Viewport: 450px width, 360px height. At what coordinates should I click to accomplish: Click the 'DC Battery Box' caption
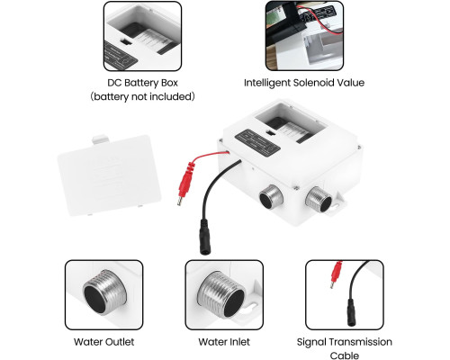point(142,83)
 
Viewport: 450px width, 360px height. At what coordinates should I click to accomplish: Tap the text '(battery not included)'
point(142,96)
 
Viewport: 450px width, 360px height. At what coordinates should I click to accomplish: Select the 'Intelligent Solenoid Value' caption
point(304,83)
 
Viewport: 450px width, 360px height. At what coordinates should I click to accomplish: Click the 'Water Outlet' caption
point(103,342)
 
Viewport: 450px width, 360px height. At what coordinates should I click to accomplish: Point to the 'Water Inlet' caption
point(224,342)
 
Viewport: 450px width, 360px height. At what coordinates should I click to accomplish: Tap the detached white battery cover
point(109,175)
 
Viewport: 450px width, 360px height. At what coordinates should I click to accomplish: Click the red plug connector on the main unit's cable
point(185,182)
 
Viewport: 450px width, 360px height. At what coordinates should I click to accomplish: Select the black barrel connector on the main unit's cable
point(205,237)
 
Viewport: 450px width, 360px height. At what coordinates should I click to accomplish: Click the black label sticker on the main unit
point(257,143)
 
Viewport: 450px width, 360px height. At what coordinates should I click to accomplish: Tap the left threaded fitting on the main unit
point(271,197)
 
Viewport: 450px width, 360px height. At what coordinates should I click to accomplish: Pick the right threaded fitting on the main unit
point(319,199)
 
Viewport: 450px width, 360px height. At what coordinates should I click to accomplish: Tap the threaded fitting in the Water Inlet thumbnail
point(221,294)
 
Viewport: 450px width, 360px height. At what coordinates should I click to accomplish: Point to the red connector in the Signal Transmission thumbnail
point(336,274)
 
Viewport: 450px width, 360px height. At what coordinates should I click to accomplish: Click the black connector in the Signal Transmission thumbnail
point(351,312)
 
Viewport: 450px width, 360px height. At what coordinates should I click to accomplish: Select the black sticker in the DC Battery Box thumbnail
point(121,55)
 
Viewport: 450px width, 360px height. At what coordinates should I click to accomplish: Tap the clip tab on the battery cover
point(101,139)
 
